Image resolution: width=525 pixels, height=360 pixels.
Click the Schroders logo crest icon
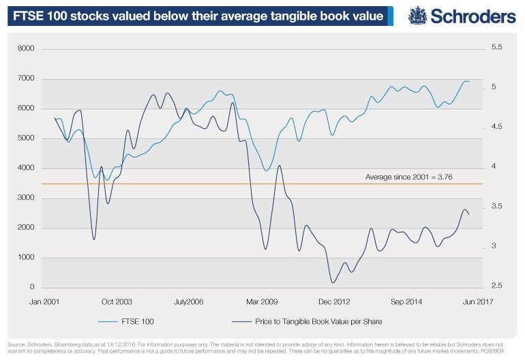[418, 14]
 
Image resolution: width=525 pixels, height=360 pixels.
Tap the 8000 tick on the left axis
[25, 48]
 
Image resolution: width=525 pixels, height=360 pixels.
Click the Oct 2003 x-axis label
[117, 301]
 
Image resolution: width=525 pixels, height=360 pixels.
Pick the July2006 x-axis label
[188, 301]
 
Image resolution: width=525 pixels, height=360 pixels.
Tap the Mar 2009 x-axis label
[262, 301]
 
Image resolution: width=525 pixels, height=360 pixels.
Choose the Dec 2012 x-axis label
[333, 301]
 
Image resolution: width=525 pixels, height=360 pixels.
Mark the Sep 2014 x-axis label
[406, 301]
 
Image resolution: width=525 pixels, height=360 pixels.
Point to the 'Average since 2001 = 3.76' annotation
[409, 177]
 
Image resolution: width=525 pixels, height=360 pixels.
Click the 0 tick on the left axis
[33, 287]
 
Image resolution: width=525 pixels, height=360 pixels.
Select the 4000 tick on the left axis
[25, 168]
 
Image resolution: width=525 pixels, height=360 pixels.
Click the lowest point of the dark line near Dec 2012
[333, 282]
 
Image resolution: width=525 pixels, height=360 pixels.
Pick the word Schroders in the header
[470, 15]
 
